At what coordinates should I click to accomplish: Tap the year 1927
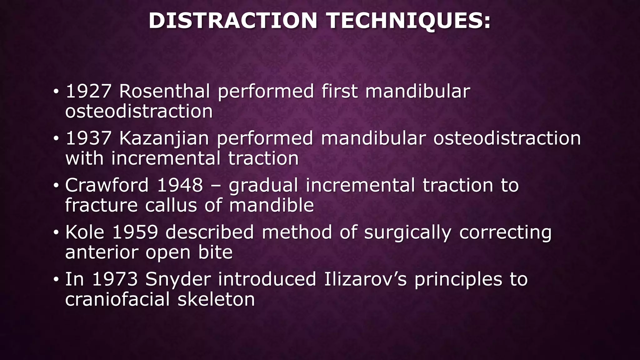click(x=88, y=91)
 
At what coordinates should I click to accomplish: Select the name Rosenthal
click(x=164, y=91)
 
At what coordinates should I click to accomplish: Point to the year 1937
click(x=88, y=138)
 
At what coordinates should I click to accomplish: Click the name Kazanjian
click(x=164, y=138)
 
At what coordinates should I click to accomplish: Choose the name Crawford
click(x=107, y=185)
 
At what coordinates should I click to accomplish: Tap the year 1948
click(x=180, y=185)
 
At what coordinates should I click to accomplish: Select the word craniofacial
click(x=117, y=299)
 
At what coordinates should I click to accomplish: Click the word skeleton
click(x=216, y=299)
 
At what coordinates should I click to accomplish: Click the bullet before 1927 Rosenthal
click(x=56, y=92)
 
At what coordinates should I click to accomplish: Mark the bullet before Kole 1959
click(x=56, y=232)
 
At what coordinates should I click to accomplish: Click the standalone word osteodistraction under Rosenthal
click(x=139, y=112)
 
